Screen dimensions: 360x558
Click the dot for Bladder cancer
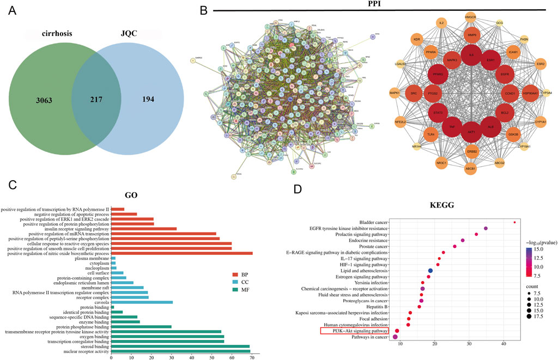(514, 222)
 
